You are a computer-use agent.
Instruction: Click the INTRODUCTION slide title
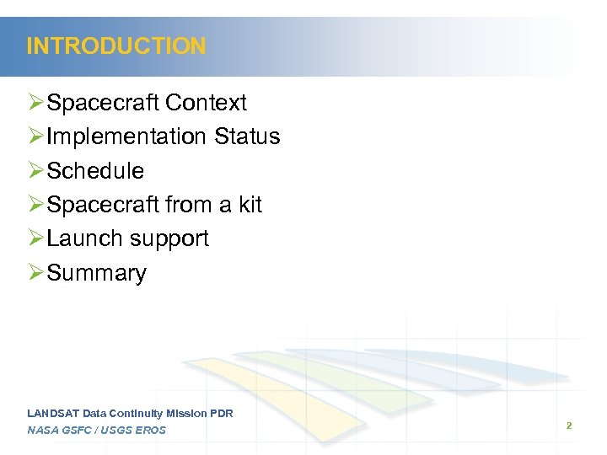click(116, 45)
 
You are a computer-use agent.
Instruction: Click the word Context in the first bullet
click(207, 103)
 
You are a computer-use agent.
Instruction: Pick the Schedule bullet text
click(95, 171)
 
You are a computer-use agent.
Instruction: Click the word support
click(169, 239)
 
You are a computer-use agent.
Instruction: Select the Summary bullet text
click(97, 273)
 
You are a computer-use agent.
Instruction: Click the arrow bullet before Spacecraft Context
click(35, 103)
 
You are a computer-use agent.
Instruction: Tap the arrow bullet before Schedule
click(35, 171)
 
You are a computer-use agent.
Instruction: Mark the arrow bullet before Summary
click(35, 273)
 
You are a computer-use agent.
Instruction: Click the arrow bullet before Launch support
click(35, 238)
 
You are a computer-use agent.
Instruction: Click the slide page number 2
click(569, 426)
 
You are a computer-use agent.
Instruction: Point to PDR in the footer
click(221, 413)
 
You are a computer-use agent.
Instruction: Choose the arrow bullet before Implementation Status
click(35, 136)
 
